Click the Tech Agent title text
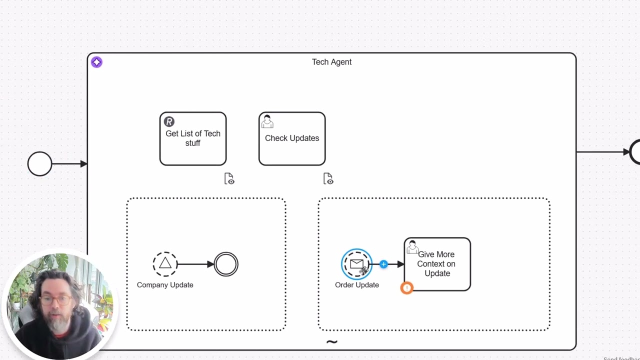pyautogui.click(x=331, y=62)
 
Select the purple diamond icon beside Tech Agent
pyautogui.click(x=96, y=62)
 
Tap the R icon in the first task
pyautogui.click(x=169, y=121)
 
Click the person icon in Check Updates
pyautogui.click(x=267, y=121)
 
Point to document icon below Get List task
pyautogui.click(x=229, y=178)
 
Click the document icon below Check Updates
pyautogui.click(x=328, y=178)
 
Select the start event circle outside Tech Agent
pyautogui.click(x=39, y=163)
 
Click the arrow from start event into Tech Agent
pyautogui.click(x=70, y=163)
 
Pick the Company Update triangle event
pyautogui.click(x=165, y=264)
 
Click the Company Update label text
pyautogui.click(x=165, y=285)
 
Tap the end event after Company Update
pyautogui.click(x=226, y=264)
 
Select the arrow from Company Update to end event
pyautogui.click(x=195, y=264)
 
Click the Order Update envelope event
pyautogui.click(x=356, y=263)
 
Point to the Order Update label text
pyautogui.click(x=357, y=285)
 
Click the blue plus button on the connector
pyautogui.click(x=383, y=264)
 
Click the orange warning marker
pyautogui.click(x=407, y=288)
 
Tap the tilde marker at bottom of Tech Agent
pyautogui.click(x=331, y=342)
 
